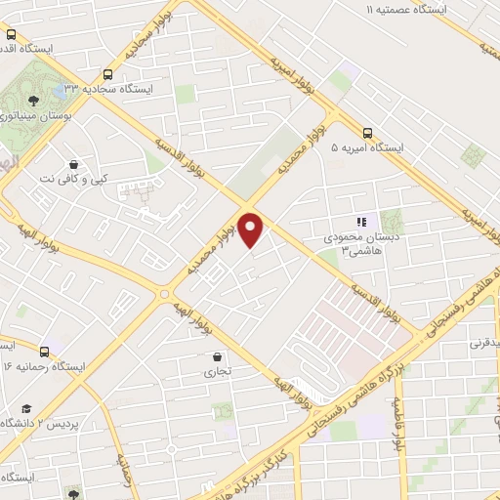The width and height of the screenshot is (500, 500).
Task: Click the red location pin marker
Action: (252, 229)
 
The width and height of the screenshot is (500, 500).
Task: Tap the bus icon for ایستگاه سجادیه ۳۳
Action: (105, 72)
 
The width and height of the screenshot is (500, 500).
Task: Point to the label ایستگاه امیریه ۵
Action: (367, 148)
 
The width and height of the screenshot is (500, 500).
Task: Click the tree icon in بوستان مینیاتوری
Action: (33, 100)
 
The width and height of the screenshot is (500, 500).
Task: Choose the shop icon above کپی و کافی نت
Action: (74, 164)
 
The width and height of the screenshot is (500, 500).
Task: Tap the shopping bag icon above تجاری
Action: (216, 356)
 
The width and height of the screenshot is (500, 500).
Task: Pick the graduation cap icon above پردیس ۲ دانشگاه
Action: (28, 407)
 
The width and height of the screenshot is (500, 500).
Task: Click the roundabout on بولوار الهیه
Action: (164, 293)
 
